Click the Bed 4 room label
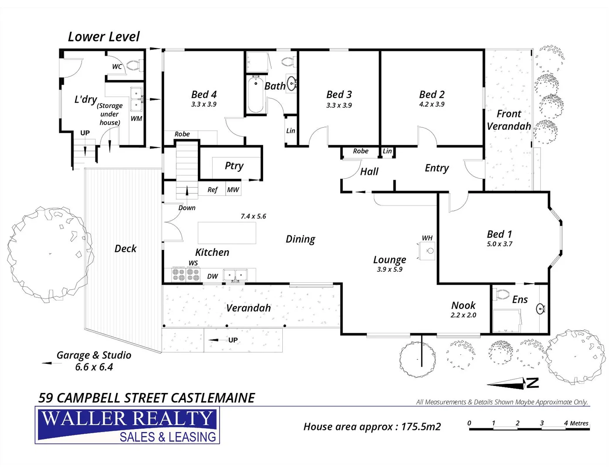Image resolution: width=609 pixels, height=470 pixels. coord(204,94)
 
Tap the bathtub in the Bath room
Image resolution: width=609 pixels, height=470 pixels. coord(255,95)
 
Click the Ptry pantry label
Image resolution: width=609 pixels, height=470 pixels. coord(234,166)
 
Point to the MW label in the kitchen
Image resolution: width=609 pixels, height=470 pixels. coord(233,190)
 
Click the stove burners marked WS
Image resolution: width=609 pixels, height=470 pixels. coord(186,275)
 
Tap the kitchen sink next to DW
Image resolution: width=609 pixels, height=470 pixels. coord(235,275)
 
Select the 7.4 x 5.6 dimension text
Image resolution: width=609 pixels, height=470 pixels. coord(253,216)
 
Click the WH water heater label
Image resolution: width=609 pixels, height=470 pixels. coord(427,238)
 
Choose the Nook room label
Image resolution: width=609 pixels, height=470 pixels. coord(463,305)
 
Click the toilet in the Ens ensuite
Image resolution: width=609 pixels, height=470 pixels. coord(502,295)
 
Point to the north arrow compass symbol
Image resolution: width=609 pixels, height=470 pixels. coord(512,383)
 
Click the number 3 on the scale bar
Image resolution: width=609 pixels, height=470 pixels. coord(541,423)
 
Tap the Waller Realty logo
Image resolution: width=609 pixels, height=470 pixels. coord(127,425)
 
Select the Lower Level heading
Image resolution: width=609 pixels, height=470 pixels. coord(104,37)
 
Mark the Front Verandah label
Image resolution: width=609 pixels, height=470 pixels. coord(508,120)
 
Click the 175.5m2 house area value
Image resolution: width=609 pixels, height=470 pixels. coord(421,427)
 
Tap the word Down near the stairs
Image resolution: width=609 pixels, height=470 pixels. coord(187,208)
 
